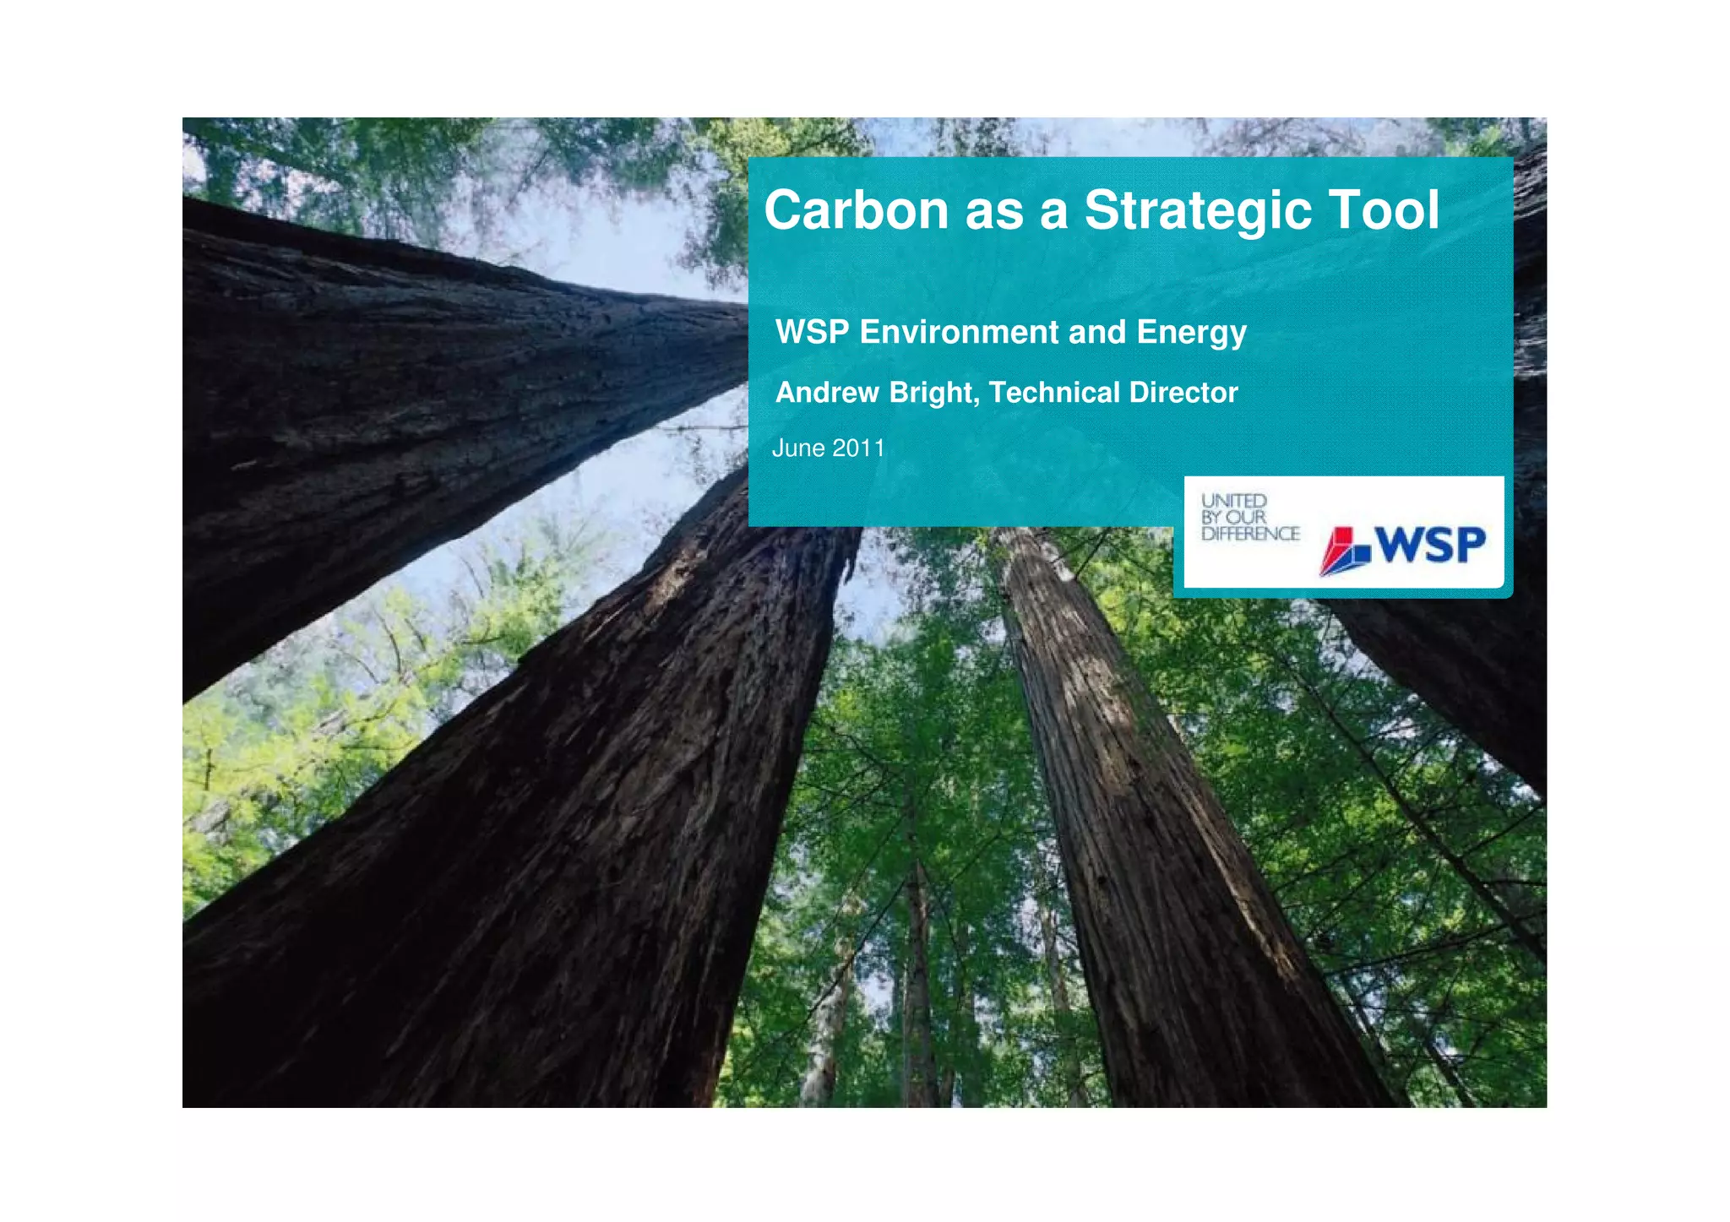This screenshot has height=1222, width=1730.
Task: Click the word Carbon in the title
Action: tap(856, 210)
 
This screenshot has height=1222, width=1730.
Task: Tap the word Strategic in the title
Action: tap(1197, 210)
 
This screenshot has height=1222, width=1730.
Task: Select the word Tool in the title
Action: tap(1384, 210)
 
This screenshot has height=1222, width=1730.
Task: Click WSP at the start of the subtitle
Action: tap(812, 333)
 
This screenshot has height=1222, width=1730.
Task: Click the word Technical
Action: tap(1054, 393)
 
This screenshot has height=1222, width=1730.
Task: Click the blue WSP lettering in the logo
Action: tap(1430, 545)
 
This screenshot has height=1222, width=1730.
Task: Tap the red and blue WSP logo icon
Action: tap(1345, 551)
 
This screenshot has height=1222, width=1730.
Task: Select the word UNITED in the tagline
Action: tap(1234, 501)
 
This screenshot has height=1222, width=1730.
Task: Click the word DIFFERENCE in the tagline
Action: tap(1250, 534)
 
